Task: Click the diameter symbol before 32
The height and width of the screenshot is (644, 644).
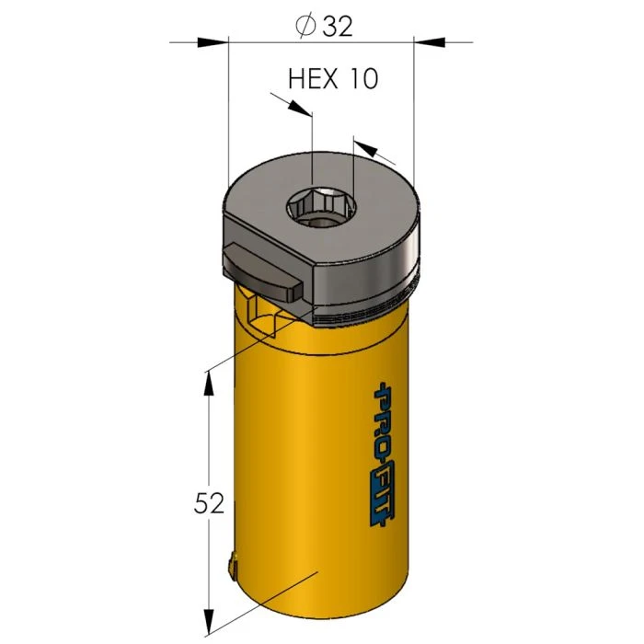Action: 306,27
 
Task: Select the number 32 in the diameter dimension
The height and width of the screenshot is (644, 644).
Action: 338,27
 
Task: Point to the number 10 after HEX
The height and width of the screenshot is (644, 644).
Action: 363,79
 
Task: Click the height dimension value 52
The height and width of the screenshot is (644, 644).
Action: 210,504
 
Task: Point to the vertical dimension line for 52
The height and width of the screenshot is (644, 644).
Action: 211,442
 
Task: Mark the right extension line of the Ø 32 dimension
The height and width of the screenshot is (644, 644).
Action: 414,110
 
